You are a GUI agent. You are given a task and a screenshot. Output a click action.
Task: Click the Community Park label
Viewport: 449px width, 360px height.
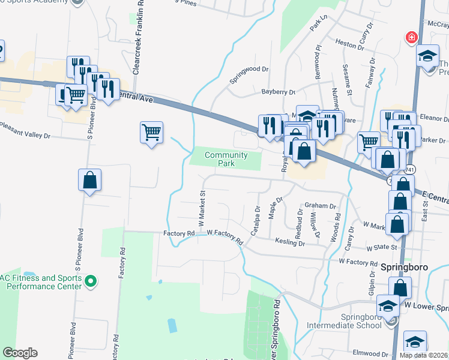click(225, 159)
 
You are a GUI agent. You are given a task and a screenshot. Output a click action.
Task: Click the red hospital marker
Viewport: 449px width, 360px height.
click(412, 38)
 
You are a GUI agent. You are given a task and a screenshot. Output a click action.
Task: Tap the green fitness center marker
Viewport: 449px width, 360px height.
click(91, 280)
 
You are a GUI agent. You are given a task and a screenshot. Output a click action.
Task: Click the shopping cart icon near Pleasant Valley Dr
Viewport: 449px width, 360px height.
click(151, 131)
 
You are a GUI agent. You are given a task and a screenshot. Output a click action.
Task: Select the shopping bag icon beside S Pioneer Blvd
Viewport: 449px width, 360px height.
click(89, 179)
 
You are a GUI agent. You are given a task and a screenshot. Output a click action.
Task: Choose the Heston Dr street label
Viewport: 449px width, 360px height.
click(346, 44)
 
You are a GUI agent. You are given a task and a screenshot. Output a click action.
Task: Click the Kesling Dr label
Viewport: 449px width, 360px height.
click(290, 243)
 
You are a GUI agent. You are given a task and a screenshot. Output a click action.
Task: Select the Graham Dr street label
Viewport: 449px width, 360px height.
click(320, 206)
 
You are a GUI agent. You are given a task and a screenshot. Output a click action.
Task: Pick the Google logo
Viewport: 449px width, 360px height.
click(20, 353)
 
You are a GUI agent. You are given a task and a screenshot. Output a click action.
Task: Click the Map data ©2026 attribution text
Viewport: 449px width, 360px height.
click(423, 355)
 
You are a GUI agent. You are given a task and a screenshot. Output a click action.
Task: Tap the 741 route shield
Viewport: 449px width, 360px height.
click(408, 170)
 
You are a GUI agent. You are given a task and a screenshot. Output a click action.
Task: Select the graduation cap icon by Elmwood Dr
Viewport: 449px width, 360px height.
click(415, 342)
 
